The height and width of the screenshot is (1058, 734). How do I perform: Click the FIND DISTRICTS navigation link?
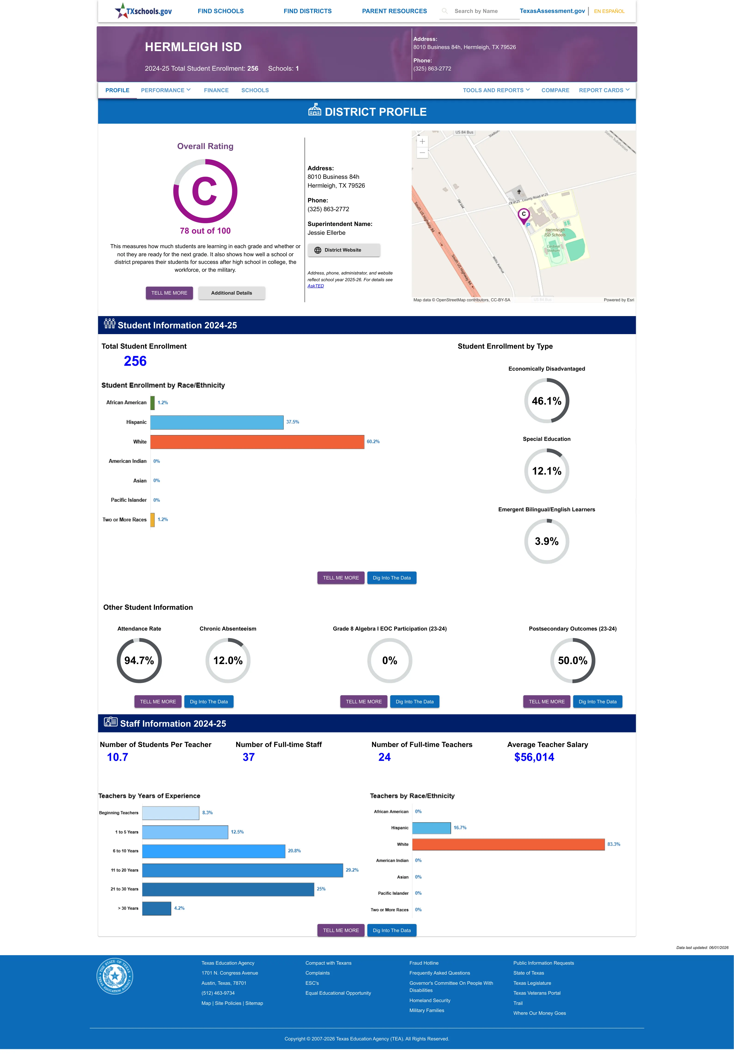click(x=307, y=11)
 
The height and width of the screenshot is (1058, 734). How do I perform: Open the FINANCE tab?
click(x=216, y=90)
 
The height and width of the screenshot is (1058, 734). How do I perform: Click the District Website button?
click(x=344, y=250)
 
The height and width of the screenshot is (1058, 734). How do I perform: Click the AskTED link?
click(x=316, y=286)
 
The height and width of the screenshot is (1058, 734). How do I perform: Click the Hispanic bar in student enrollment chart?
click(x=217, y=422)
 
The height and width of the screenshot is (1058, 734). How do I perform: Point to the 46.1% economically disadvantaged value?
click(x=546, y=401)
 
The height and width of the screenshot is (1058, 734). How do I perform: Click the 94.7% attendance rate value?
click(x=139, y=661)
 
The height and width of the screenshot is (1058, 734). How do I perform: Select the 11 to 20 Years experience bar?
click(x=242, y=870)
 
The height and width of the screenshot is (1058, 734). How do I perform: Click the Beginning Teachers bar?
click(x=171, y=813)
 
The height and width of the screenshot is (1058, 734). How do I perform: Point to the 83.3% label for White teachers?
click(x=613, y=844)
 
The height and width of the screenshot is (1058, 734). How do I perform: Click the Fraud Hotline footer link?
click(x=423, y=963)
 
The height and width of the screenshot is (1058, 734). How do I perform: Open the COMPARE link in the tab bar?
click(x=555, y=90)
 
